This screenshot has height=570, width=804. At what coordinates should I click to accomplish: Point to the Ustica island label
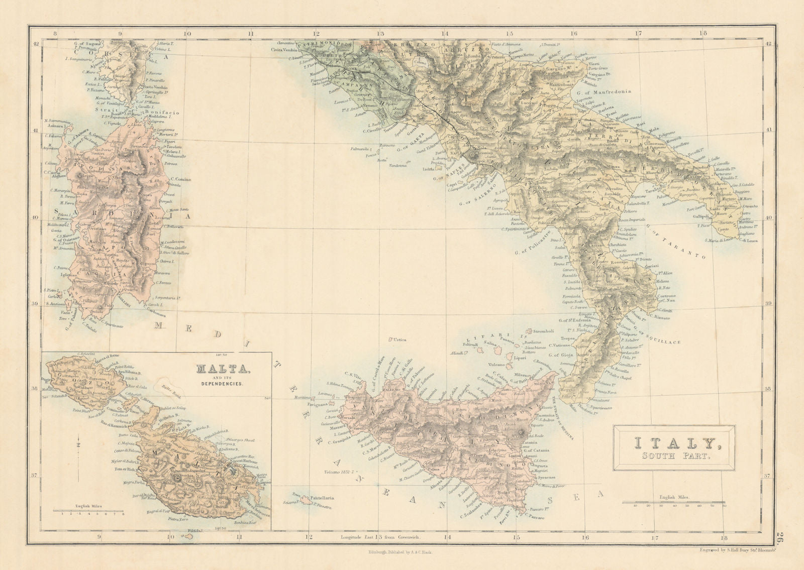[400, 340]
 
